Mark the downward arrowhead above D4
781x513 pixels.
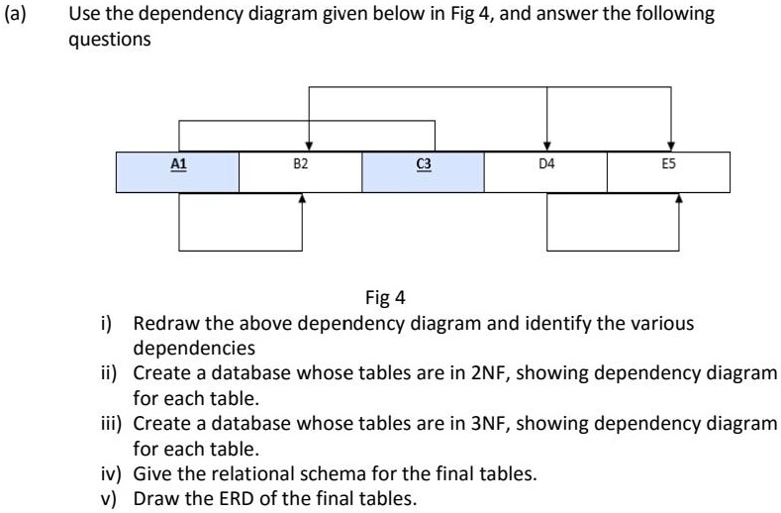point(547,146)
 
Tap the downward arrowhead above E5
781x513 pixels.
point(672,146)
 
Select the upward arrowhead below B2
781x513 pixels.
point(302,198)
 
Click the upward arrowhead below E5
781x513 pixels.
point(678,198)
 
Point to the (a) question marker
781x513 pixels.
point(17,14)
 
